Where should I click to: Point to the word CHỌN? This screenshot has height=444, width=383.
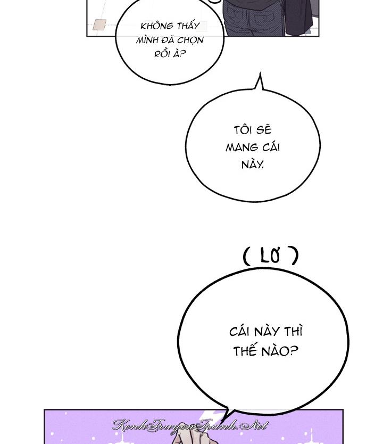(191, 40)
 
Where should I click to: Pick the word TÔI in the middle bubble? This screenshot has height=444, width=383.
(243, 130)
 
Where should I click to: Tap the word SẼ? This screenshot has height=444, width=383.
(264, 130)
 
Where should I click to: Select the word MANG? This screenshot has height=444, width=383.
(242, 148)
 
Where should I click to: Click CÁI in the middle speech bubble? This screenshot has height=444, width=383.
(271, 147)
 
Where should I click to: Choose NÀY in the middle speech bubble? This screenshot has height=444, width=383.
(252, 164)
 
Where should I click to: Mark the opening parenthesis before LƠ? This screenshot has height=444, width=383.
(247, 256)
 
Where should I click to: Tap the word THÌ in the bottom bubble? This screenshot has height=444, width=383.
(293, 331)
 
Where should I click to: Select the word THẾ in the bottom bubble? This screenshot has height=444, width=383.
(245, 351)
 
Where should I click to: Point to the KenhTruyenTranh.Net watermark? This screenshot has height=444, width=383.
(190, 425)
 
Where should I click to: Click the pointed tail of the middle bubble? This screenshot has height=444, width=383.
(260, 73)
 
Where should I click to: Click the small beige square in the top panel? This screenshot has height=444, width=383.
(99, 24)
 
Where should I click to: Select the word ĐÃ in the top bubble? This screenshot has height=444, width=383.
(168, 40)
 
